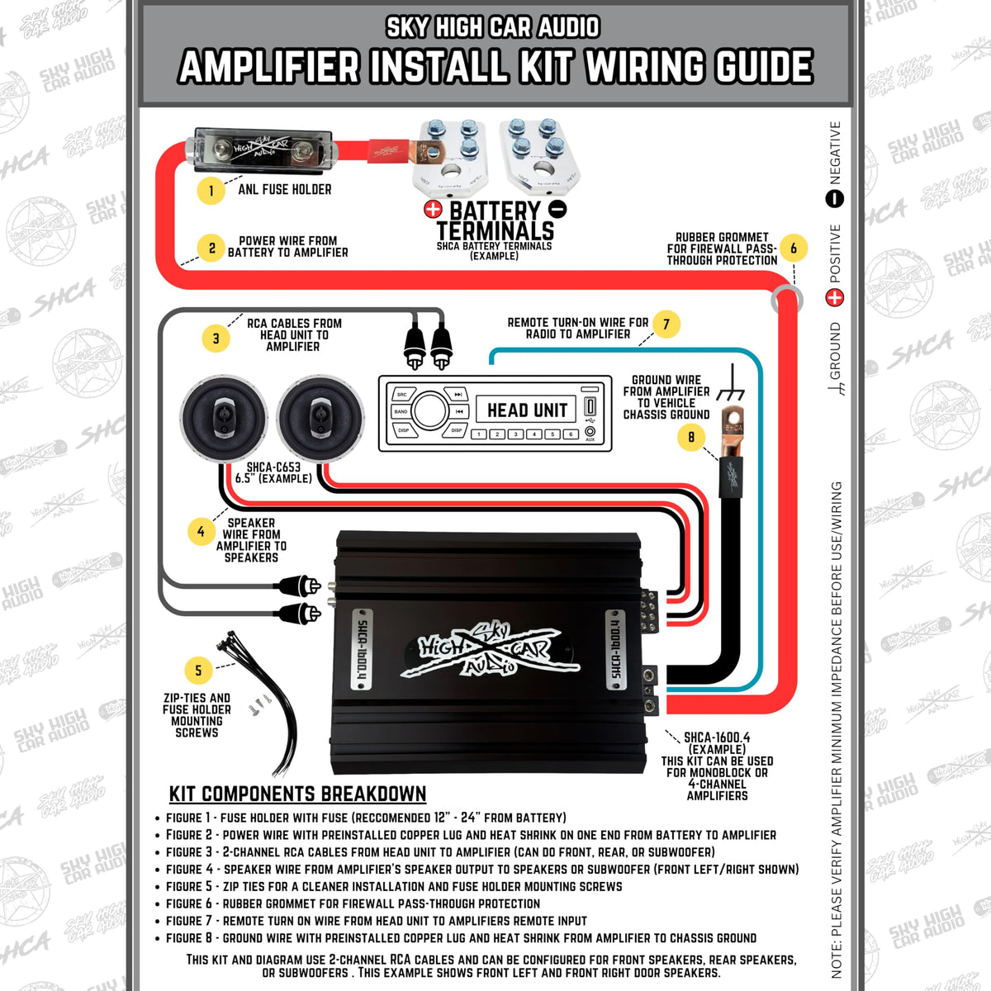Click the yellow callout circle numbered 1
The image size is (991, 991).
[x=211, y=191]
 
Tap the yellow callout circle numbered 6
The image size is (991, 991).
[x=793, y=248]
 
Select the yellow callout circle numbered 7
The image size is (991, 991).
[x=666, y=324]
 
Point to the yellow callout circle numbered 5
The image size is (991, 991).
[x=198, y=670]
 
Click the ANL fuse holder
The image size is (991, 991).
[x=261, y=149]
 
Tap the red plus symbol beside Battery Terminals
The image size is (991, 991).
[x=433, y=209]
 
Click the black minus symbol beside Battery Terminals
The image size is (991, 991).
[x=557, y=209]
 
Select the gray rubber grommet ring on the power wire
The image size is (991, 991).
[x=787, y=299]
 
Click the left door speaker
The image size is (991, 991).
[x=224, y=418]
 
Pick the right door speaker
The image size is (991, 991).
[x=320, y=418]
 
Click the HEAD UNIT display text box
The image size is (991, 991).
[x=527, y=410]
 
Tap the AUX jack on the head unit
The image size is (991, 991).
[x=590, y=431]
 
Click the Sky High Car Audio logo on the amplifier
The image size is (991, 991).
[x=490, y=650]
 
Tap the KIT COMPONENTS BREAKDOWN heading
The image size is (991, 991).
[x=298, y=794]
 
